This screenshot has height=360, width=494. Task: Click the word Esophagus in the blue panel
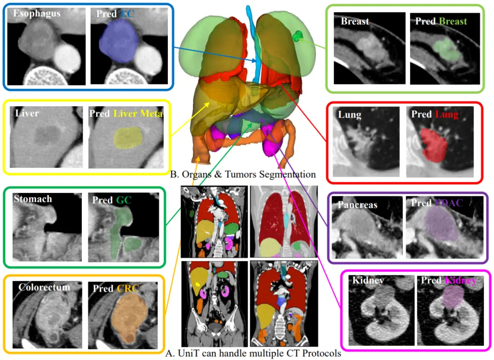(37, 13)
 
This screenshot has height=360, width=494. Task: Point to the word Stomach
(33, 199)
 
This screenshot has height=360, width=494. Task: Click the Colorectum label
(44, 287)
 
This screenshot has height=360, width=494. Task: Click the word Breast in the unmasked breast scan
(355, 21)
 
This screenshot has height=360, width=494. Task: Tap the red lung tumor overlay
(435, 145)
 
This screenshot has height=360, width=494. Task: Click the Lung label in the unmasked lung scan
(349, 114)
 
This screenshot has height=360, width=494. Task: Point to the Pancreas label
(358, 204)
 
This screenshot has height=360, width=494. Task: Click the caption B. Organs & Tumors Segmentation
(242, 174)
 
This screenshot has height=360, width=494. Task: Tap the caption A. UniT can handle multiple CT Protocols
(253, 353)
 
